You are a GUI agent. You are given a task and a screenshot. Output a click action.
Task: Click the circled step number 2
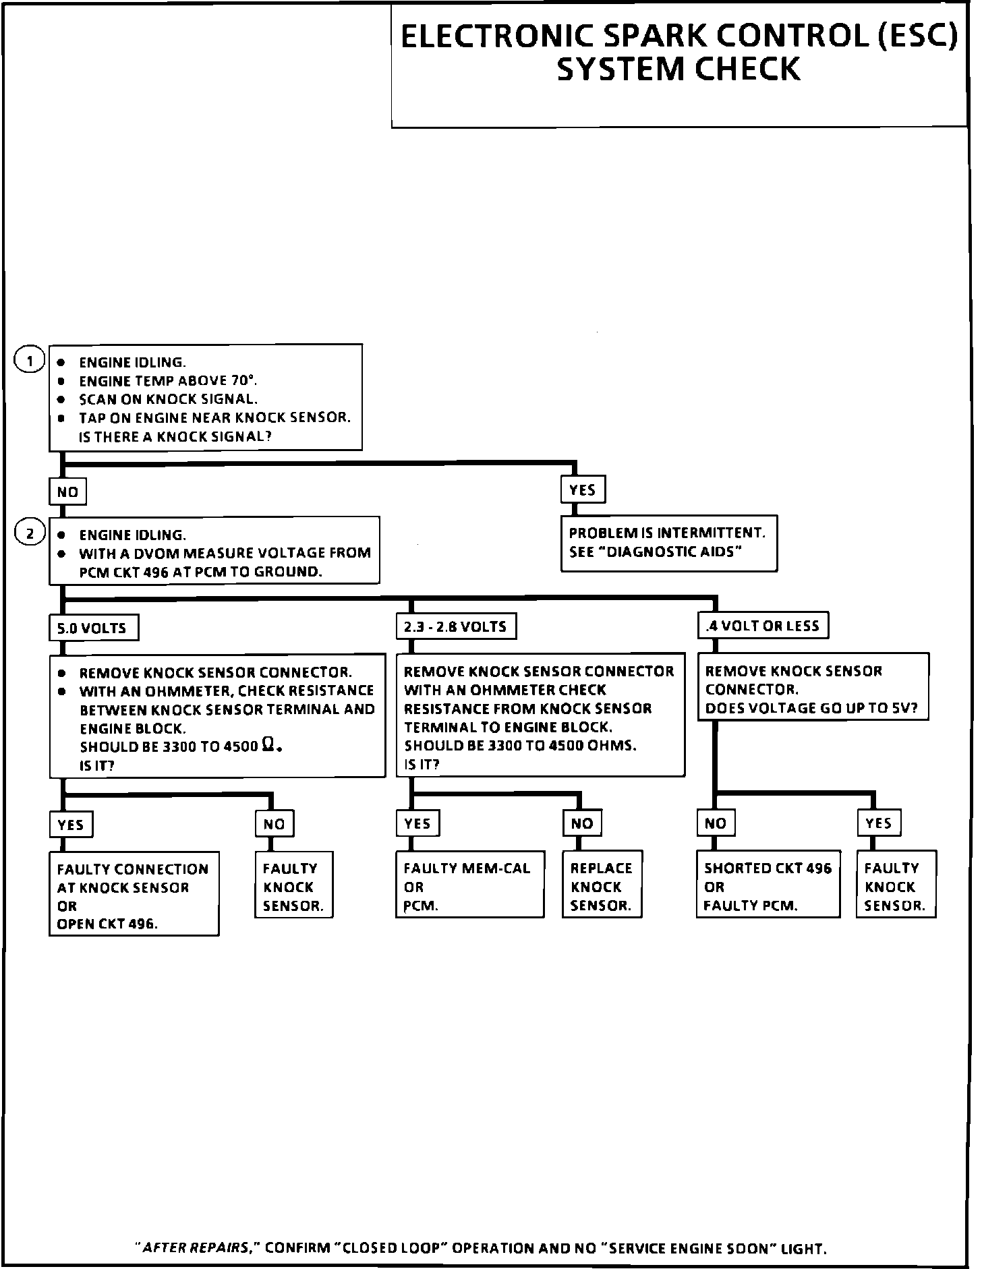[x=30, y=533]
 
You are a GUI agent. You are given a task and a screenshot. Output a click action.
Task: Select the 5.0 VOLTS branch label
[x=93, y=628]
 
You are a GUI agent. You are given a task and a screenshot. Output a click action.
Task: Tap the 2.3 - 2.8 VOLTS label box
[x=455, y=626]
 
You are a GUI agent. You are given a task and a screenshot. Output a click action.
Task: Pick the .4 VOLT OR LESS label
[x=762, y=626]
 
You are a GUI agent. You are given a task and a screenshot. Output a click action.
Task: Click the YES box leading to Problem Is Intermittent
[x=583, y=490]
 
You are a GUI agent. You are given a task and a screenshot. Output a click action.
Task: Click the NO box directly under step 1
[x=67, y=492]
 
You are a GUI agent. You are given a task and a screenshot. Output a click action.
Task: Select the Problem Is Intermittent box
[x=668, y=543]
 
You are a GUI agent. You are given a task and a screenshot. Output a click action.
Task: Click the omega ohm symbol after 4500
[x=268, y=745]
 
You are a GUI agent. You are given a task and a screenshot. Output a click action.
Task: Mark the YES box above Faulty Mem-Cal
[x=417, y=823]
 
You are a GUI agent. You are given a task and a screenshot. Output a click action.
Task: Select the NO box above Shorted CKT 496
[x=716, y=823]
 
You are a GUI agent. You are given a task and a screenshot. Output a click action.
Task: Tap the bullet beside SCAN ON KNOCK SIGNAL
[x=61, y=399]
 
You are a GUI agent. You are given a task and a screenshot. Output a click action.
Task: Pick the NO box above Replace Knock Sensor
[x=582, y=823]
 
